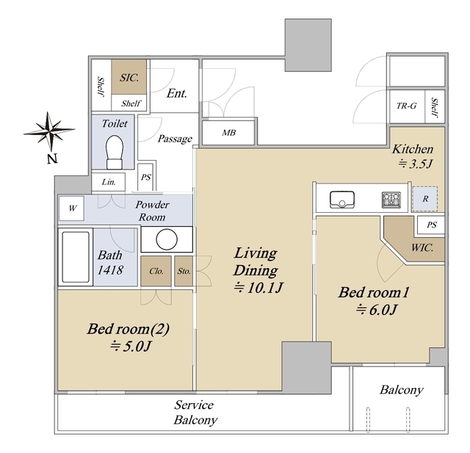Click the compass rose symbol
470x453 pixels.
coord(49,131)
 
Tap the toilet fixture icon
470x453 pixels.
coord(115,152)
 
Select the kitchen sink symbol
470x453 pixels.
coord(341,199)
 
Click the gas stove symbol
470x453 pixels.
coord(391,200)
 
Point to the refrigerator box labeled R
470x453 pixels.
coord(425,199)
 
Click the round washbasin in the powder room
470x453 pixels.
coord(167,239)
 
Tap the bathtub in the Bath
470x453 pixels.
coord(76,257)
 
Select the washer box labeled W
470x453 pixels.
coord(71,208)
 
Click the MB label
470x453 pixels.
coord(228,132)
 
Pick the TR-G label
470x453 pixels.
coord(406,106)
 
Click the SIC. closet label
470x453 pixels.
coord(129,78)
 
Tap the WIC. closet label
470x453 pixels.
coord(422,247)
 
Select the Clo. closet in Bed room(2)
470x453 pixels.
coord(156,271)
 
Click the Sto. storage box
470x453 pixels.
coord(184,271)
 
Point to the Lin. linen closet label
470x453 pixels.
coord(109,182)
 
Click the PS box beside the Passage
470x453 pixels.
coord(145,177)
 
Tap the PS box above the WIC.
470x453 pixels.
coord(431,225)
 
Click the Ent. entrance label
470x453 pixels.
coord(177,93)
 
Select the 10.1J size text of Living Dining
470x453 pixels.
coord(258,288)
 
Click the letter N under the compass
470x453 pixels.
coord(52,159)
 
